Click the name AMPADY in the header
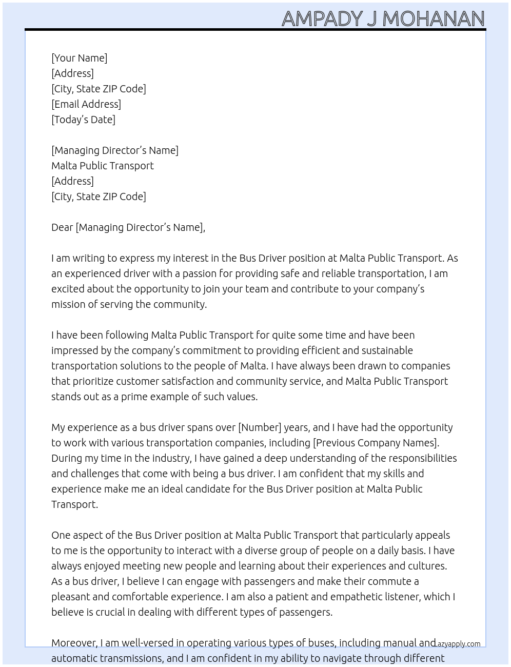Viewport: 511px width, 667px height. pyautogui.click(x=322, y=19)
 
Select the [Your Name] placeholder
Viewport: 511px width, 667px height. pyautogui.click(x=79, y=58)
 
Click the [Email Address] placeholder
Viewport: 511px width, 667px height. pyautogui.click(x=86, y=104)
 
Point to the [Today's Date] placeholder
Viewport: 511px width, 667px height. pyautogui.click(x=83, y=120)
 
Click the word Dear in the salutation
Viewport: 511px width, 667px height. pyautogui.click(x=62, y=227)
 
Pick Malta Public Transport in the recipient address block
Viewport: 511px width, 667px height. pyautogui.click(x=103, y=166)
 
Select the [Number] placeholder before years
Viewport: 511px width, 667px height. pyautogui.click(x=260, y=427)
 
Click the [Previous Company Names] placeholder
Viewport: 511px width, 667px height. pyautogui.click(x=376, y=443)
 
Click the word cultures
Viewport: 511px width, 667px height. pyautogui.click(x=427, y=566)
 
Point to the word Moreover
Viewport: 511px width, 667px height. pyautogui.click(x=74, y=643)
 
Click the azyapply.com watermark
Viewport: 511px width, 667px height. pyautogui.click(x=459, y=644)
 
